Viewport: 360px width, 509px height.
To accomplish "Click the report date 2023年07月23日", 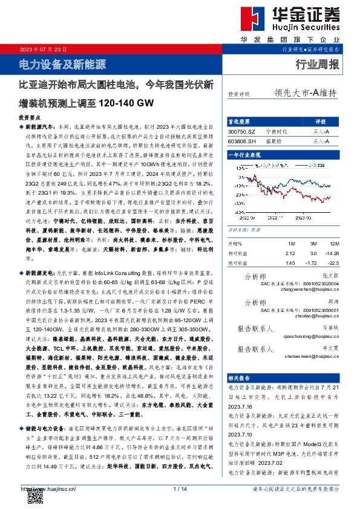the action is tap(42, 49).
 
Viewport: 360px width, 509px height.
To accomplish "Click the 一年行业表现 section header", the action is tap(246, 155).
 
